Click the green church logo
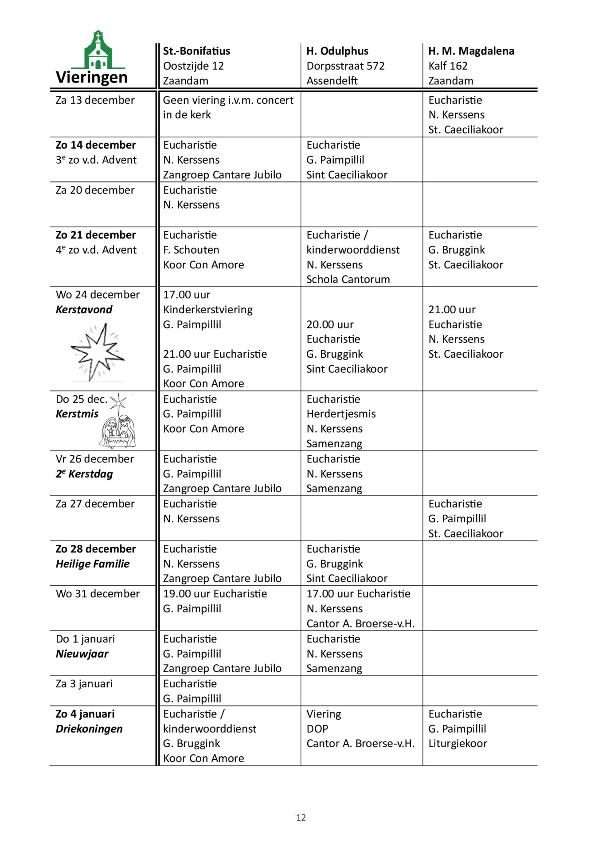[x=98, y=50]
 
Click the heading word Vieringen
[x=92, y=78]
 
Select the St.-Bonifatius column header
[x=196, y=51]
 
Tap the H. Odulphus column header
[x=337, y=51]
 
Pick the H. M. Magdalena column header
[x=471, y=51]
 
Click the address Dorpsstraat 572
[x=345, y=66]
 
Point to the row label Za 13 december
[x=95, y=100]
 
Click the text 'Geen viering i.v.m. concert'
[x=228, y=100]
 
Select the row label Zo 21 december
[x=96, y=235]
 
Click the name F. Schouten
[x=191, y=250]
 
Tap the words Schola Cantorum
[x=348, y=280]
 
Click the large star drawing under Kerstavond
[x=98, y=352]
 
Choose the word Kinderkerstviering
[x=208, y=310]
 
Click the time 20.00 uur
[x=330, y=325]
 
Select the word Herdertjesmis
[x=341, y=414]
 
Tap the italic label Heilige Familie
[x=93, y=564]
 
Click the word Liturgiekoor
[x=457, y=744]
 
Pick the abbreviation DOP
[x=317, y=729]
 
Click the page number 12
[x=301, y=818]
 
